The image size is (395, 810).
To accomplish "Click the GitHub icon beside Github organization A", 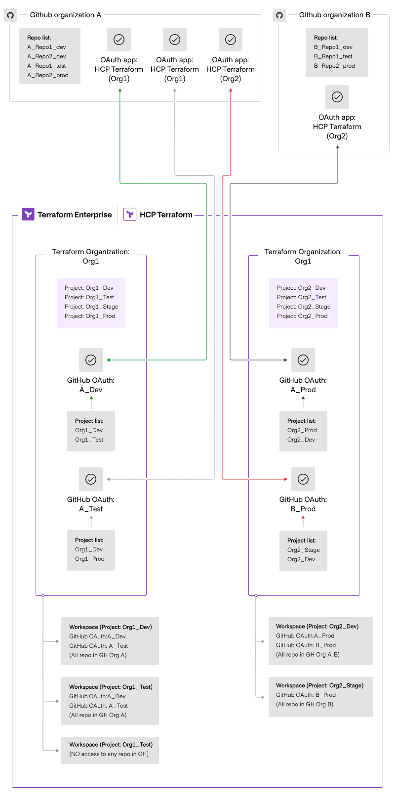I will [10, 15].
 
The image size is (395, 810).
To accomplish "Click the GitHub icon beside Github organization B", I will [279, 15].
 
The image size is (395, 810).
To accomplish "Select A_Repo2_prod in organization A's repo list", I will [48, 75].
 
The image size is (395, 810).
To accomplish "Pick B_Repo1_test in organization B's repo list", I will [333, 56].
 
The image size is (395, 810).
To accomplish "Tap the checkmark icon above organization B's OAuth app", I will [337, 97].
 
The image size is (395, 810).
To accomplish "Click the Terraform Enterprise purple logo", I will [28, 214].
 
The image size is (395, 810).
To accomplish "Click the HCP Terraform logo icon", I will [130, 214].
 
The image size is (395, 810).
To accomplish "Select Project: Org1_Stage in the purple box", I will [91, 307].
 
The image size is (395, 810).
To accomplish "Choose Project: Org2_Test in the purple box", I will [302, 297].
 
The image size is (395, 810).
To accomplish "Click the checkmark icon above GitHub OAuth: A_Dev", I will [91, 360].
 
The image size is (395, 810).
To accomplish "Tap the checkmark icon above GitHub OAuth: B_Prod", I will [303, 479].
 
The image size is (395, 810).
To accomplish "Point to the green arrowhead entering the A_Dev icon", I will [109, 360].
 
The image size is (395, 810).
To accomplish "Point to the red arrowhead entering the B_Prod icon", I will [285, 479].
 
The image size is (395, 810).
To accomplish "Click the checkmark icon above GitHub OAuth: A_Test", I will [91, 479].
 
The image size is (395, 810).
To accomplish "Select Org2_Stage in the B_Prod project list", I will [304, 550].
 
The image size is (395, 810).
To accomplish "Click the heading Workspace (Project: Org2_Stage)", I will [319, 685].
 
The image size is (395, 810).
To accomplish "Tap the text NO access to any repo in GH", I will [109, 754].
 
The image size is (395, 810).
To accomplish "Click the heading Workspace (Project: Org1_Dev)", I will [110, 627].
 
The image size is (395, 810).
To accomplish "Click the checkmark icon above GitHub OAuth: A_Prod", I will [303, 360].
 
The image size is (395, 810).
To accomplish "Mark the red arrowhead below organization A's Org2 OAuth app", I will [231, 91].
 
